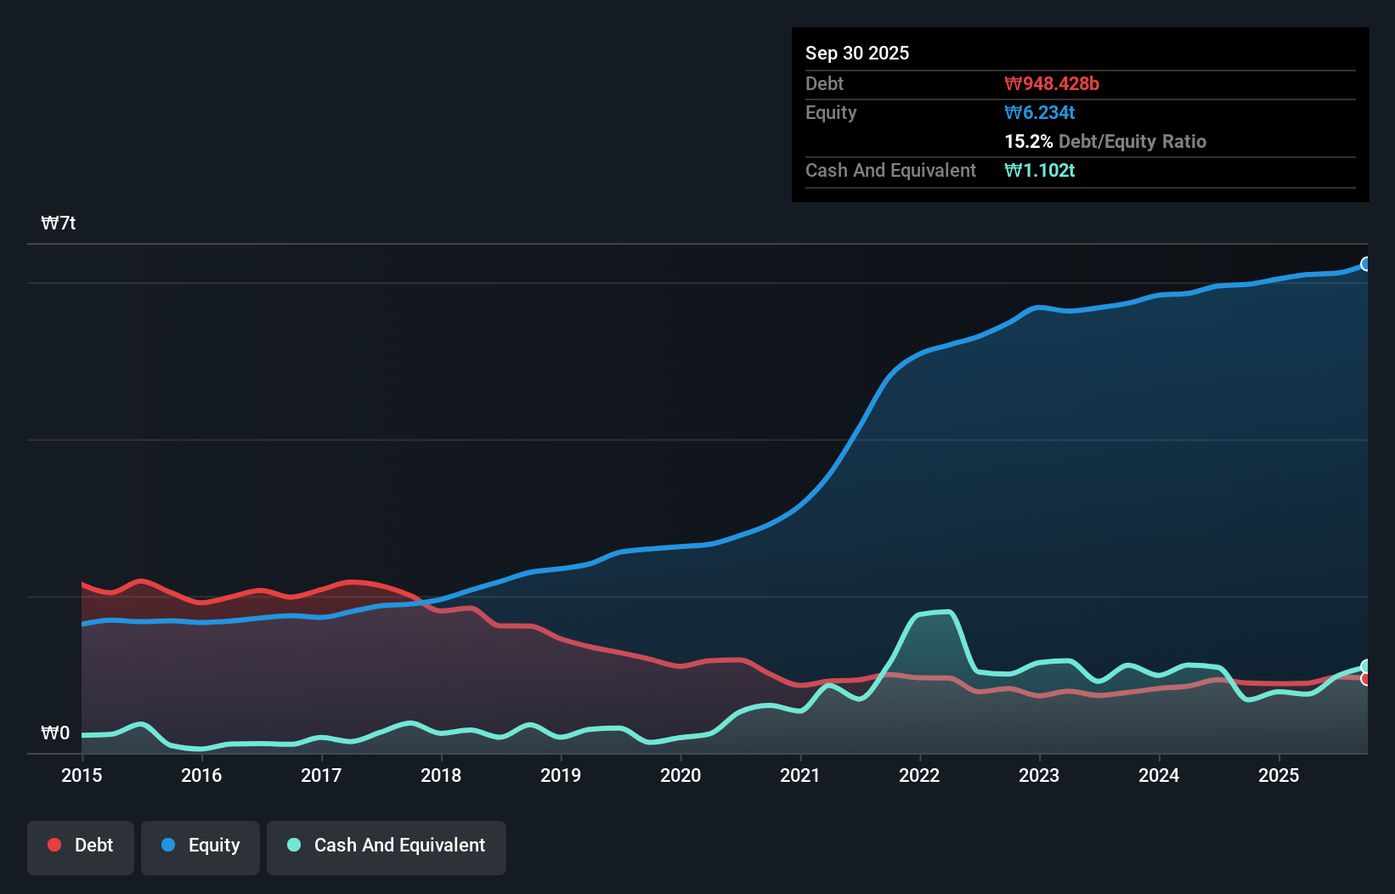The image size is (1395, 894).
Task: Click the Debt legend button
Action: coord(81,846)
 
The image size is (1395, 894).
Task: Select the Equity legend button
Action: coord(200,846)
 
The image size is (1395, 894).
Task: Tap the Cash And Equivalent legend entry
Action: coord(387,846)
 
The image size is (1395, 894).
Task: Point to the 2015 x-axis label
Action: coord(82,775)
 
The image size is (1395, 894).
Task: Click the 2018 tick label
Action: coord(441,775)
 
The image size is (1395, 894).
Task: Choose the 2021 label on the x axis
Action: coord(800,775)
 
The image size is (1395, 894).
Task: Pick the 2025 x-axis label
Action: coord(1279,775)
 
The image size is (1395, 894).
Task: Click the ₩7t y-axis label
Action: coord(59,223)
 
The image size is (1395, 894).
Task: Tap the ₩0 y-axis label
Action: coord(55,733)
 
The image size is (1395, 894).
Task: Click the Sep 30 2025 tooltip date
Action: coord(857,53)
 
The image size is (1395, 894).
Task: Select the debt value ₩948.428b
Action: coord(1052,83)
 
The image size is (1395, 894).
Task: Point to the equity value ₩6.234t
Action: coord(1040,112)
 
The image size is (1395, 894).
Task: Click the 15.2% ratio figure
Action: coord(1028,141)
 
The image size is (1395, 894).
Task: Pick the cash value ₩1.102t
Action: coord(1040,170)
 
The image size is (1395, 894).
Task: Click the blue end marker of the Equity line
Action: coord(1366,264)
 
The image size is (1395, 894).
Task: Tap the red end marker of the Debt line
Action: coord(1366,679)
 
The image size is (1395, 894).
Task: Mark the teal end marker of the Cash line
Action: coord(1366,666)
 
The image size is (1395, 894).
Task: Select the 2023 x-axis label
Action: coord(1039,775)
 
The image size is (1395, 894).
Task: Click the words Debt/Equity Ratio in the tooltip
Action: coord(1132,141)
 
